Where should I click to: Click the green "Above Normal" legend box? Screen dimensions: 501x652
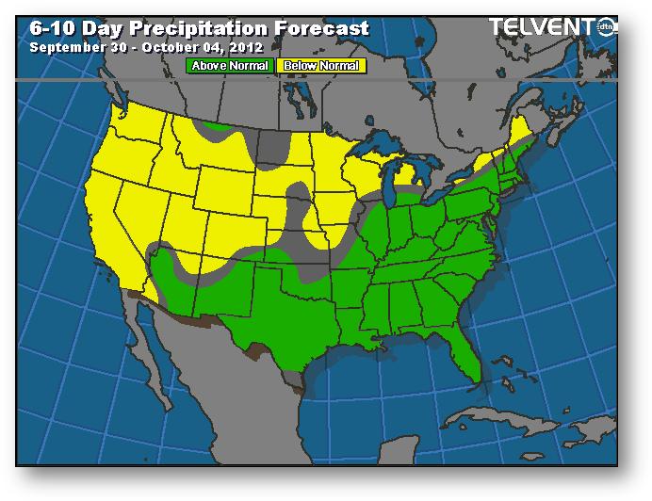[x=230, y=66]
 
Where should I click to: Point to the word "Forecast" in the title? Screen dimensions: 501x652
[x=322, y=28]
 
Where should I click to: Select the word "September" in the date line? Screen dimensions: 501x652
[x=64, y=46]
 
